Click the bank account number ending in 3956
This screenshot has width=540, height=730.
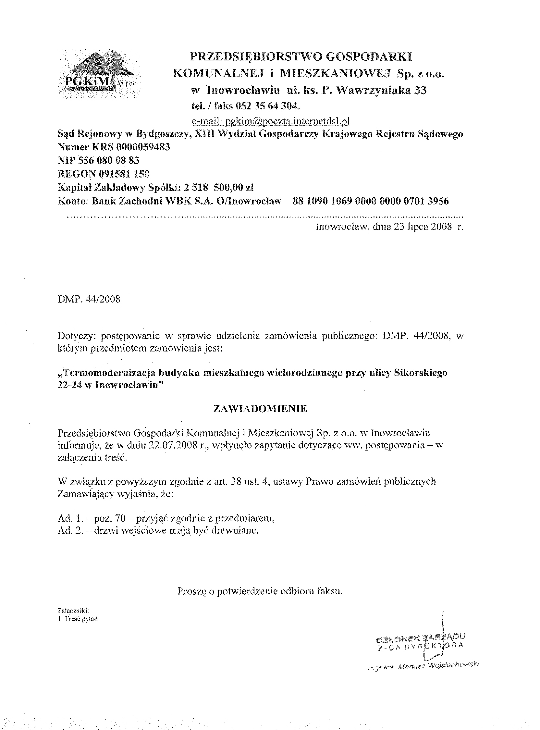pyautogui.click(x=371, y=201)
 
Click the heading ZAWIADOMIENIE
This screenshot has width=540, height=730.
pyautogui.click(x=260, y=409)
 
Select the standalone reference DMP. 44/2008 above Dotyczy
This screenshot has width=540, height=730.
pyautogui.click(x=89, y=299)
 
